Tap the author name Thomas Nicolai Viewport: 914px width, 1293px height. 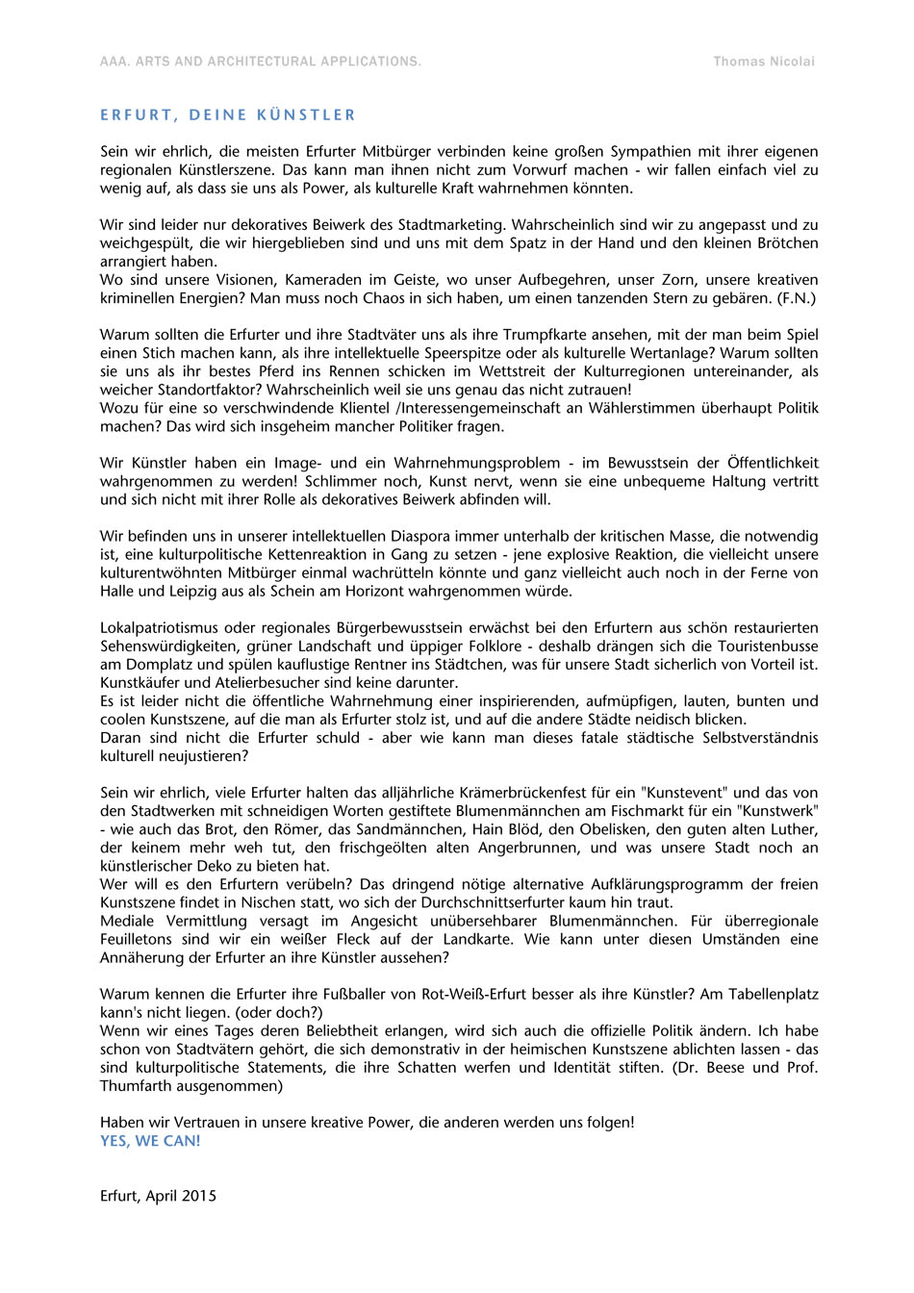pyautogui.click(x=764, y=62)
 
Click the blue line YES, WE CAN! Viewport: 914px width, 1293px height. pyautogui.click(x=150, y=1141)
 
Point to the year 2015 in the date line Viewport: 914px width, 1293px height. pyautogui.click(x=198, y=1196)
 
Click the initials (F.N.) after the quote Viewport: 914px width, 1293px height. pyautogui.click(x=797, y=298)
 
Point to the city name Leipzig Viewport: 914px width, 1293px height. pyautogui.click(x=194, y=591)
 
